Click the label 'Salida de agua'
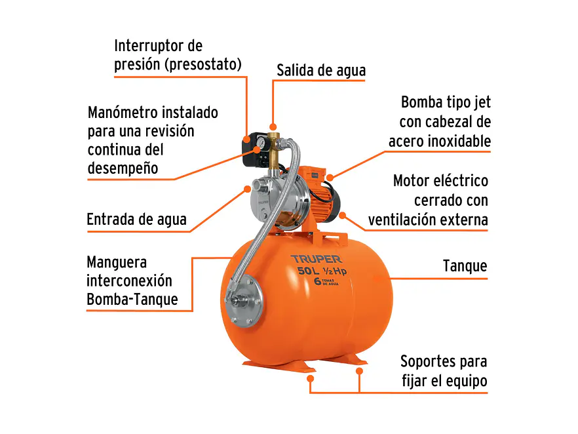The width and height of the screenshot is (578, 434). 321,70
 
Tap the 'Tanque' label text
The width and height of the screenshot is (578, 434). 465,266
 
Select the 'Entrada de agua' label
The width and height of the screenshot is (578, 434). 136,220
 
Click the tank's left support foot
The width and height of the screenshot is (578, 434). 262,362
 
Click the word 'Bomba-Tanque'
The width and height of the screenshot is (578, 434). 132,300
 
